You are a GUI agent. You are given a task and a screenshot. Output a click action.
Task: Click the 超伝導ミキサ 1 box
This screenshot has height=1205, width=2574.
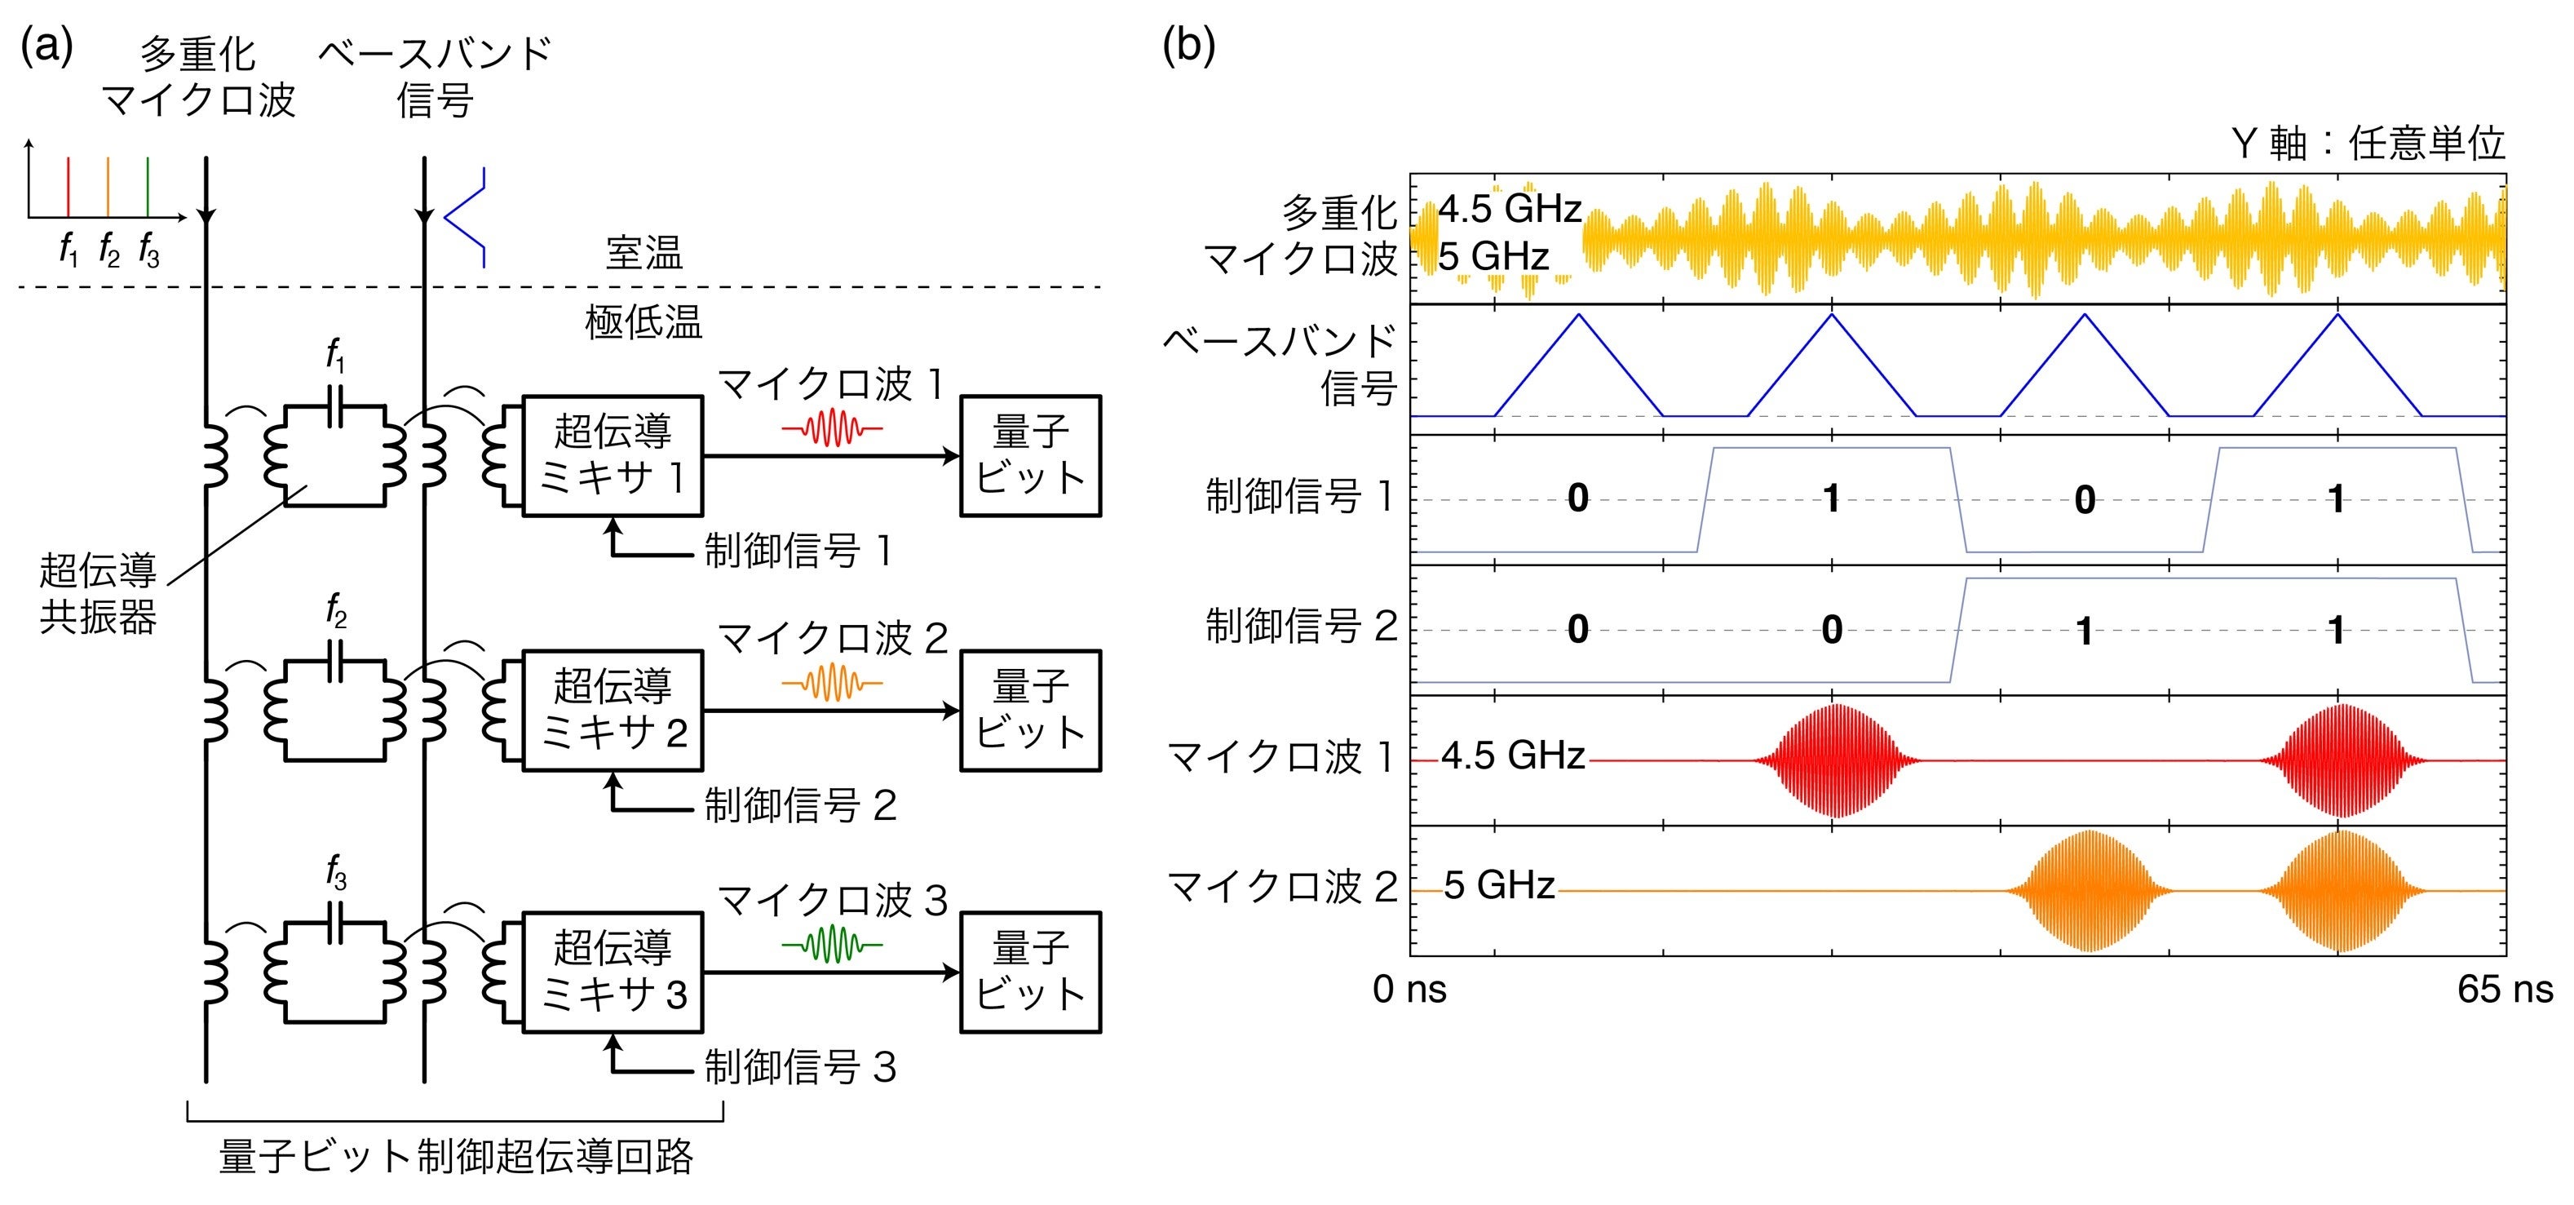[x=612, y=455]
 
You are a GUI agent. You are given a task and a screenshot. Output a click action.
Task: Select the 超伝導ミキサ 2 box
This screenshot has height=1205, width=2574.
[x=612, y=711]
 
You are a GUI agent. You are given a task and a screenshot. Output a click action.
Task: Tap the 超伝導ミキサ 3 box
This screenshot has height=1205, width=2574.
[x=612, y=971]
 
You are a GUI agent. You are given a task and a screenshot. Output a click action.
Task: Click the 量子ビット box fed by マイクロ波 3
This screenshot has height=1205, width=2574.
[x=1030, y=971]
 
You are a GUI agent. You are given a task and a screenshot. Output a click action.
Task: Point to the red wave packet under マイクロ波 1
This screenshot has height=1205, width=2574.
[x=831, y=430]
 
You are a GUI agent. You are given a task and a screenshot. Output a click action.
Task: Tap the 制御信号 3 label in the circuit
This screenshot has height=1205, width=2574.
[x=799, y=1067]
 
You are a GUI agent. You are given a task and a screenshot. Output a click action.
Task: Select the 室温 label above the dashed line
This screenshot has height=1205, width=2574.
[x=644, y=252]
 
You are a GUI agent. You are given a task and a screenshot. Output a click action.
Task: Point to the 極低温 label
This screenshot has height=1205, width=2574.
[x=644, y=321]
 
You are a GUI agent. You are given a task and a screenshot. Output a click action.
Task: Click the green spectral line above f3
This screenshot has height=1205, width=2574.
[x=147, y=186]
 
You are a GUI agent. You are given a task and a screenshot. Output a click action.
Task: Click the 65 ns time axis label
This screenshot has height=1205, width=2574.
[x=2504, y=989]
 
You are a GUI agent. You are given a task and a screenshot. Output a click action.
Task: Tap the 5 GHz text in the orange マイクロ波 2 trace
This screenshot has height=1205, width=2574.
[x=1499, y=885]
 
